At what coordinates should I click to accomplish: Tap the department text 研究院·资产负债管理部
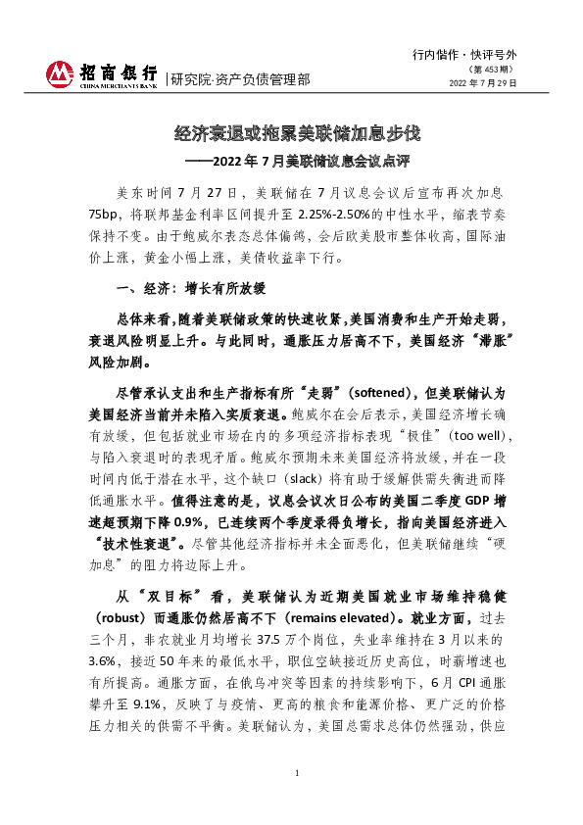pos(240,79)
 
